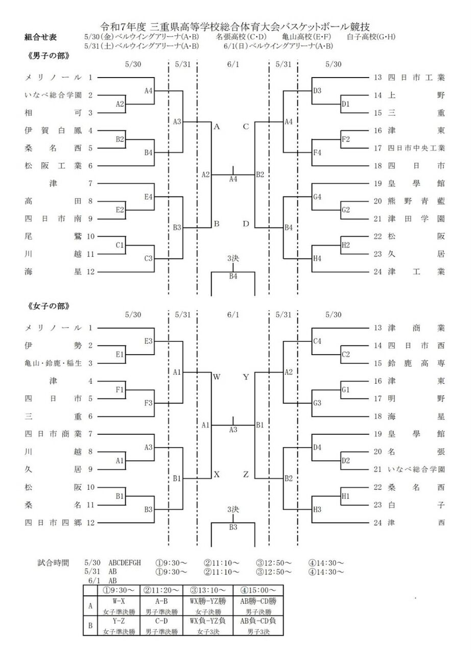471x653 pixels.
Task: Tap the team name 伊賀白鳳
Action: (53, 131)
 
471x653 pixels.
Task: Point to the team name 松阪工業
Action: (53, 166)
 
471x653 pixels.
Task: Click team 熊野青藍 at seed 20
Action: (416, 201)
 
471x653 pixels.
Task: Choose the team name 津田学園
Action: (416, 219)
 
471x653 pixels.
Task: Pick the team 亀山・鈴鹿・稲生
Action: (53, 363)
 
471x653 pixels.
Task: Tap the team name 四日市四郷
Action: (53, 522)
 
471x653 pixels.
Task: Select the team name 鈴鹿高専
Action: (416, 363)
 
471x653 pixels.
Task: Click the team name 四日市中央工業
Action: (416, 148)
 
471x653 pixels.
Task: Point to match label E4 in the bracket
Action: (149, 196)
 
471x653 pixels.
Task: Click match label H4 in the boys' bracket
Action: (317, 259)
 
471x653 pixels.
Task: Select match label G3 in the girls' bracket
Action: (317, 403)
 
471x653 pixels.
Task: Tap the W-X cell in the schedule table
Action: (119, 600)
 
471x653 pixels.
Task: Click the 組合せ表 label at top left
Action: (40, 37)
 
